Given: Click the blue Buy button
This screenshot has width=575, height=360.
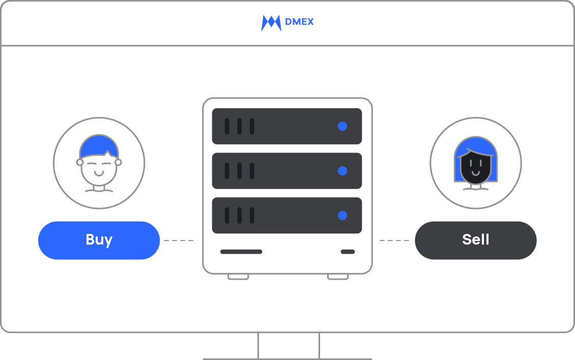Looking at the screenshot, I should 99,240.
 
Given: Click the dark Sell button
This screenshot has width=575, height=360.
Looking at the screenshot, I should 475,240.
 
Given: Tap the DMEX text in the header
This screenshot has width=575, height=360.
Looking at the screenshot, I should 300,22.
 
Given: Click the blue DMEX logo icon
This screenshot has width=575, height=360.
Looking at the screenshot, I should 271,23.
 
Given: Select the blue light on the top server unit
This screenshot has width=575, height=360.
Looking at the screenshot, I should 342,126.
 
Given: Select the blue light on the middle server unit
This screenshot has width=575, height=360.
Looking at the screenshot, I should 342,171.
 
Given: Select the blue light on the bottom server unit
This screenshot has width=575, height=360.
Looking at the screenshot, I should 342,216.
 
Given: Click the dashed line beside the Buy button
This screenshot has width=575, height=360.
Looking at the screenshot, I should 179,240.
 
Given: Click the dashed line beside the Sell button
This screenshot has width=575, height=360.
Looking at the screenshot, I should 394,240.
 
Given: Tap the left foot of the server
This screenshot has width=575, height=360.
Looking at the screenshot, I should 238,277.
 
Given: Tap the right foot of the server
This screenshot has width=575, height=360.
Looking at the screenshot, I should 338,277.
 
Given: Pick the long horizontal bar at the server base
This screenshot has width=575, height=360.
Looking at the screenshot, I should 241,252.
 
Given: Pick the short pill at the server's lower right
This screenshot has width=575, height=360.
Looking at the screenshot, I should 348,252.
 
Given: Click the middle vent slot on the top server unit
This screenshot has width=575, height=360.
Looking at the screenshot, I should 240,126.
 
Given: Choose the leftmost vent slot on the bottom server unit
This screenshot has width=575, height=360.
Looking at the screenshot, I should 227,216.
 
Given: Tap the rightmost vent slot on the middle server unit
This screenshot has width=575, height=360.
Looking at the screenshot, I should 252,171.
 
